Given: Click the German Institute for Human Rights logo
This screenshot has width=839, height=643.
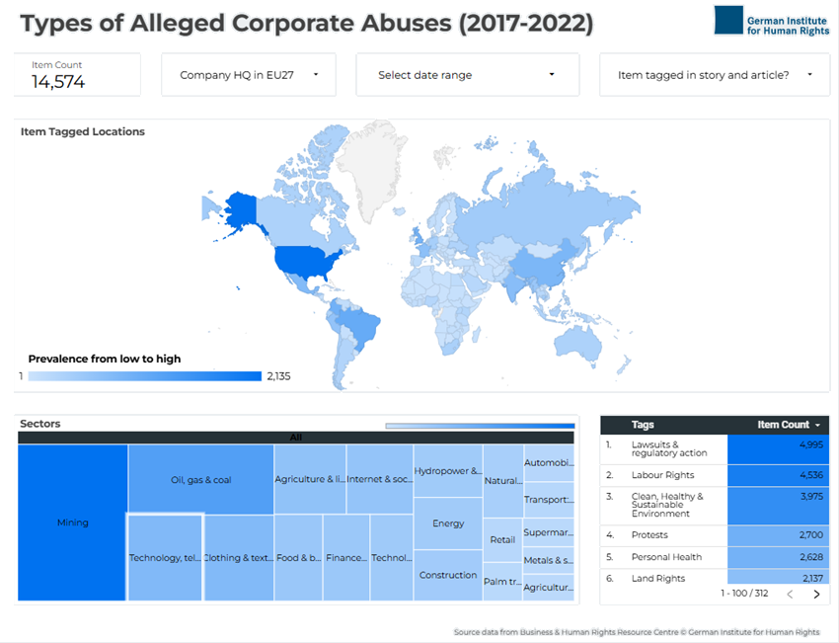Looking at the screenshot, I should [771, 21].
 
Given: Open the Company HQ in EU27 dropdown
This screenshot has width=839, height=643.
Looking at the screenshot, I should [248, 75].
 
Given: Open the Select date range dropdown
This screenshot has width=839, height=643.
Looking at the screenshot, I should [466, 75].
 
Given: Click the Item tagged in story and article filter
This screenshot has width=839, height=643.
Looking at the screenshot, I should [714, 75].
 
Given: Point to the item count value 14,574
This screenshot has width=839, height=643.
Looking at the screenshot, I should [58, 83].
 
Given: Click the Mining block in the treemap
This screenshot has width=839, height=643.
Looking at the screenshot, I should [72, 522].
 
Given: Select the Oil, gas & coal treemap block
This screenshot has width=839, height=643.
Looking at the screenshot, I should [200, 480].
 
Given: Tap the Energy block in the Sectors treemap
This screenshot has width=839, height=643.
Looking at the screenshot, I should [448, 523].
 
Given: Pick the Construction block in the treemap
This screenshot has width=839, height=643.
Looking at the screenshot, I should [448, 575].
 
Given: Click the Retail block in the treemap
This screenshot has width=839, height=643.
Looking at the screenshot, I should [502, 539].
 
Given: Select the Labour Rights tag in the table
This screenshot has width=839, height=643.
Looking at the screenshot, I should [662, 475].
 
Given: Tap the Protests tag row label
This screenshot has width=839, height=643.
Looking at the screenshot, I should [649, 534].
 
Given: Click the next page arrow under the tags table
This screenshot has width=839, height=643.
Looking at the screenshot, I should [816, 595].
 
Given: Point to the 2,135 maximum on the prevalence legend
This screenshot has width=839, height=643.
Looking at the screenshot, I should [278, 376].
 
